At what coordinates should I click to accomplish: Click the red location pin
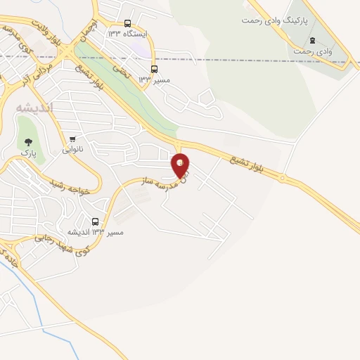[x=181, y=165]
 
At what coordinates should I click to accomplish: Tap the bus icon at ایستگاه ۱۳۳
[x=127, y=23]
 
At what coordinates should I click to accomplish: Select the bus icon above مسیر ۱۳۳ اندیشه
[x=96, y=221]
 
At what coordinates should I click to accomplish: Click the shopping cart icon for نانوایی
[x=72, y=139]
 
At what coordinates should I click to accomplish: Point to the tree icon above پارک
[x=28, y=141]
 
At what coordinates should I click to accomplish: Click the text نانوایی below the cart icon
[x=72, y=149]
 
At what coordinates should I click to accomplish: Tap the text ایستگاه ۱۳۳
[x=127, y=34]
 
